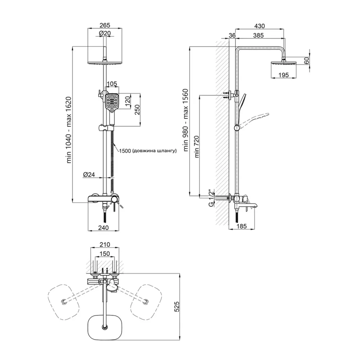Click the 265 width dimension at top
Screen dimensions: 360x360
104,25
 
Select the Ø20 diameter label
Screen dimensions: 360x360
105,33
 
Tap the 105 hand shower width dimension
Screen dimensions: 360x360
112,84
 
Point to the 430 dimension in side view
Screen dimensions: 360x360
259,26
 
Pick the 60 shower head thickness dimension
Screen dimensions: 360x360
306,60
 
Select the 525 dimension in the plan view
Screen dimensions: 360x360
176,306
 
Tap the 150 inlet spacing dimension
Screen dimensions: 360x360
104,254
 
